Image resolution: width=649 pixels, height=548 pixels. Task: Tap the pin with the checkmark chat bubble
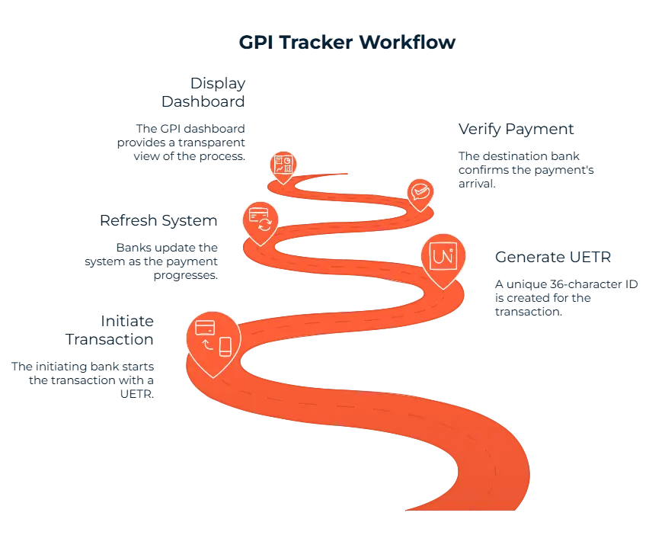pyautogui.click(x=419, y=192)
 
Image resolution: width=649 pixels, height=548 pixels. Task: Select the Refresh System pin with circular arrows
pyautogui.click(x=261, y=220)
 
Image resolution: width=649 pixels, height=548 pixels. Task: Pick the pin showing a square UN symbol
pyautogui.click(x=443, y=257)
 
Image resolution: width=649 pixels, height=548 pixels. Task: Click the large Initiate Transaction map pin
pyautogui.click(x=213, y=338)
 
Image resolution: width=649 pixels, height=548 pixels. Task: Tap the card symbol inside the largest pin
pyautogui.click(x=204, y=328)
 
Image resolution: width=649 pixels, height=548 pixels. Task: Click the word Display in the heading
pyautogui.click(x=219, y=82)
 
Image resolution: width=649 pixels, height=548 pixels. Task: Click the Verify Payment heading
pyautogui.click(x=517, y=128)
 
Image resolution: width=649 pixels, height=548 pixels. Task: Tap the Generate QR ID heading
pyautogui.click(x=554, y=256)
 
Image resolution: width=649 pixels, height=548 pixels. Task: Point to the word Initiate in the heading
pyautogui.click(x=128, y=319)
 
